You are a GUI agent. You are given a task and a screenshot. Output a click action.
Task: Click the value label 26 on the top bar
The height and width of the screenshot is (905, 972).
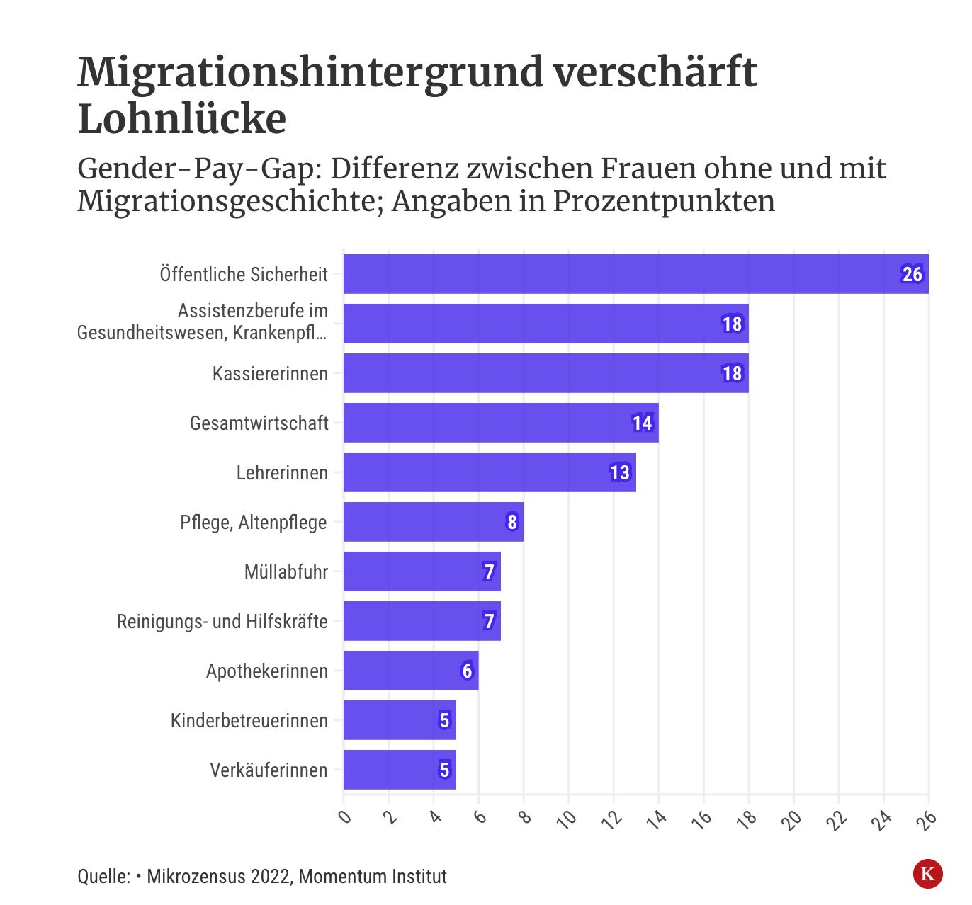coord(912,274)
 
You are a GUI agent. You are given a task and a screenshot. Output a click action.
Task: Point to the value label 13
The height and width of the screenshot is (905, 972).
coord(620,472)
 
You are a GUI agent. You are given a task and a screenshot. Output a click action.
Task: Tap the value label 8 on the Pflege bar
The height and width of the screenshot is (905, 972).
coord(512,522)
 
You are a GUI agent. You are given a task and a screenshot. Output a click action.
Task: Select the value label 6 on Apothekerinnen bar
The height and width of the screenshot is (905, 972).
coord(467,671)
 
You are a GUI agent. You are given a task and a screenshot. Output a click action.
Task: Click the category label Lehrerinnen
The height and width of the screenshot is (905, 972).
coord(282,472)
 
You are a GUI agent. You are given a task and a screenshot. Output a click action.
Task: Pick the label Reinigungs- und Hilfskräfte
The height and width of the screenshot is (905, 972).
coord(222,621)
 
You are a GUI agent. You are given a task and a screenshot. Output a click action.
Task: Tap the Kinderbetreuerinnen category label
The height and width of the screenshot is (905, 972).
coord(249,720)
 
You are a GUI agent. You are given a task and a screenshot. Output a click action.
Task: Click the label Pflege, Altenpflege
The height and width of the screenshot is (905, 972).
coord(253,522)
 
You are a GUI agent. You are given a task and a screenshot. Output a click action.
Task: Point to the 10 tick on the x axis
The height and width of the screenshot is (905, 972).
coord(567,819)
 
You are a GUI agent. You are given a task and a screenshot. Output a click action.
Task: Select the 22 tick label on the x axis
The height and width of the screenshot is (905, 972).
coord(837,819)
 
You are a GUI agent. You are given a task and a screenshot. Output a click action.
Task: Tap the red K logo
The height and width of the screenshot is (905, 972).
coord(927,873)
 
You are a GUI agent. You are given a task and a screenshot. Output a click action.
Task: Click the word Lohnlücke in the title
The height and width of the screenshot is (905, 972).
coord(182,118)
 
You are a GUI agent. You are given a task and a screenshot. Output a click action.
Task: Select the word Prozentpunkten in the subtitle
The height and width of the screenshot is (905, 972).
coord(664,201)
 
